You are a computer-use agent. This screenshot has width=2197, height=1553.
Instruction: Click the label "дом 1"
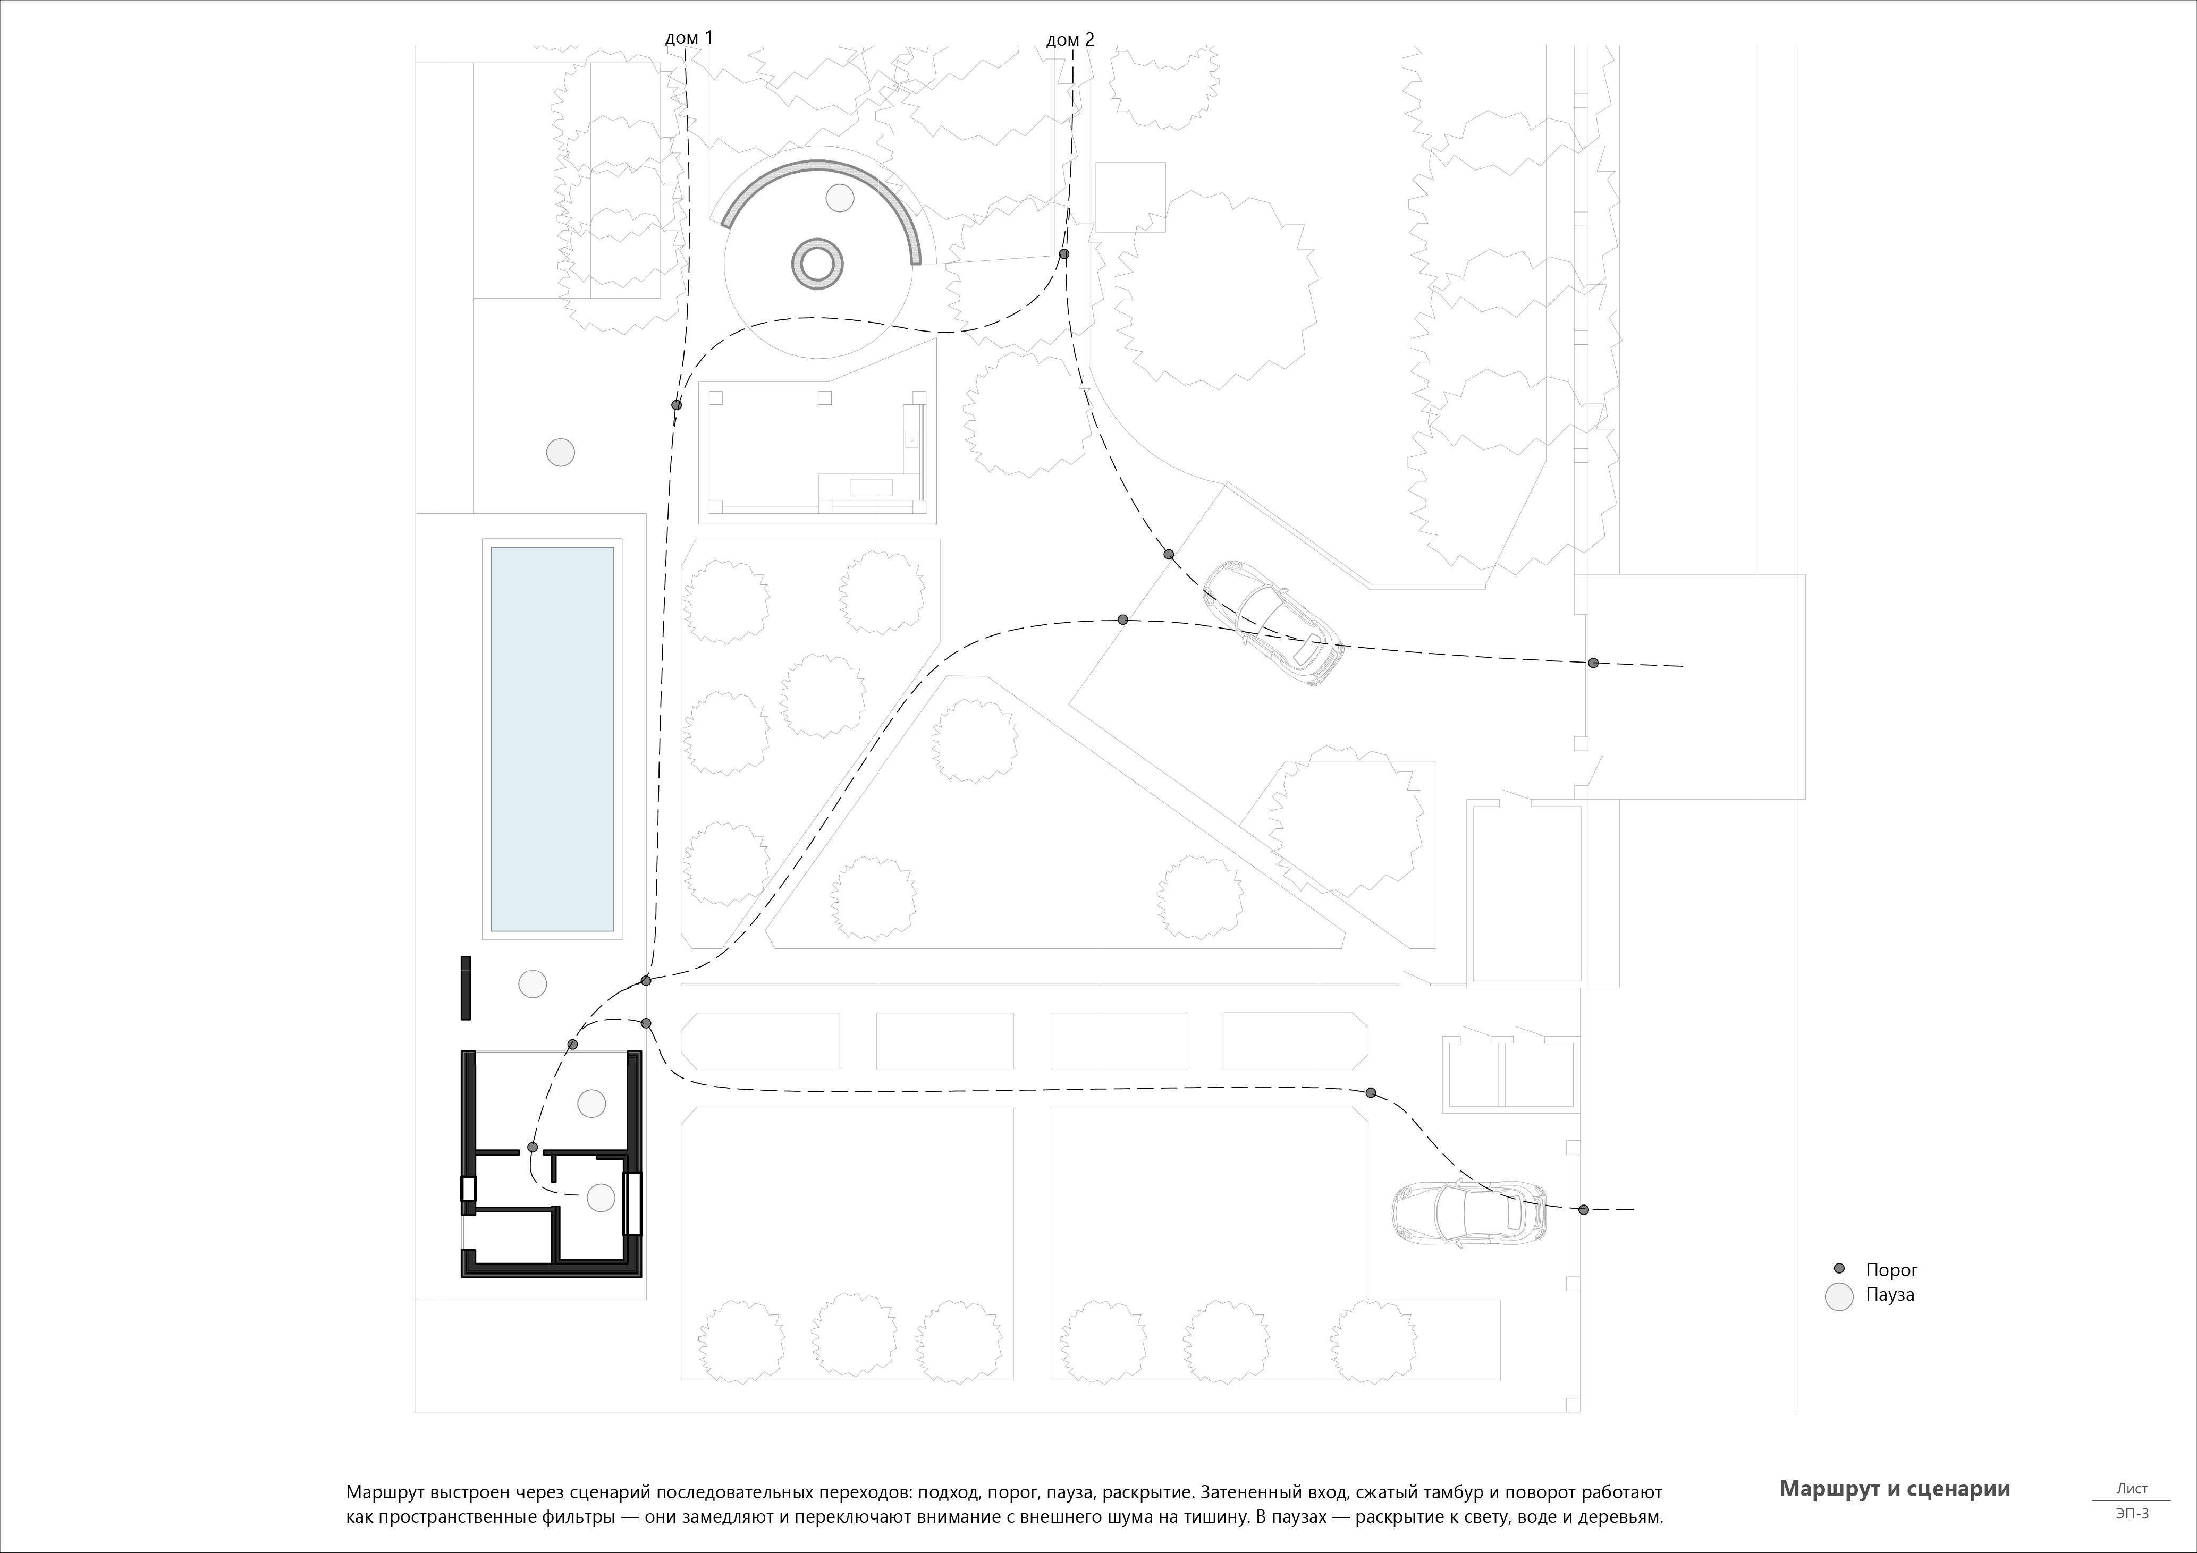(x=689, y=38)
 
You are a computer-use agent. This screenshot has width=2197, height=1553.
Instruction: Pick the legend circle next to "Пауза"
(x=1839, y=1296)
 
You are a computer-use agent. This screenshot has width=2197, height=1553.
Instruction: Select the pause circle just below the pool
(x=532, y=983)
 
